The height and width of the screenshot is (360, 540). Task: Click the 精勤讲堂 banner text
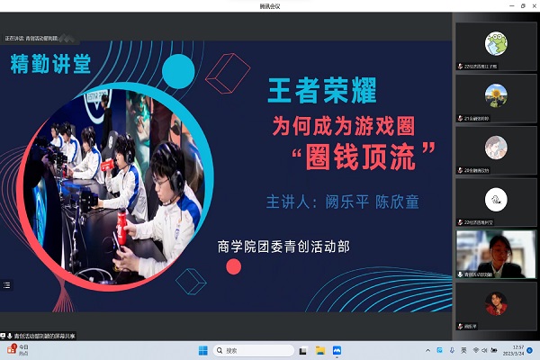52,64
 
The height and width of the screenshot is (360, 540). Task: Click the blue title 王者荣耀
321,90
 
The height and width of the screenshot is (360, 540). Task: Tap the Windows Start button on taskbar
203,350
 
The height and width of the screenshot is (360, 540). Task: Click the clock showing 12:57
517,350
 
